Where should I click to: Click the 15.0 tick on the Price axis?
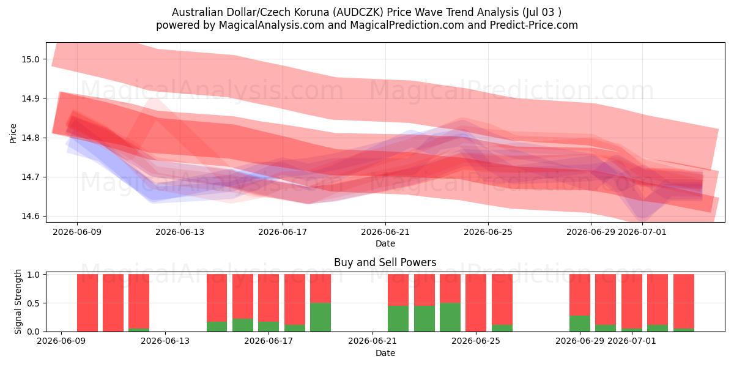point(30,59)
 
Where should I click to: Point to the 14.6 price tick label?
point(30,217)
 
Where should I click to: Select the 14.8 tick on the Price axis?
point(30,138)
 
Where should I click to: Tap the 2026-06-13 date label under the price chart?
point(180,232)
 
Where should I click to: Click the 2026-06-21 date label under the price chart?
point(385,232)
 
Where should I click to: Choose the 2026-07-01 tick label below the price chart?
point(642,232)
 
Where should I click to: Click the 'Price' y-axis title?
point(13,133)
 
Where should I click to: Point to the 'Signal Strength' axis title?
point(18,302)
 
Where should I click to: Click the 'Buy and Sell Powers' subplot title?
point(385,262)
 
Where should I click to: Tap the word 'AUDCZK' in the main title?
point(358,12)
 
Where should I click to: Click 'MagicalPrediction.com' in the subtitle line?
point(407,25)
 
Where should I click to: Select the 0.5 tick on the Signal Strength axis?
point(34,303)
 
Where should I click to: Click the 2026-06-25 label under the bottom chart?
point(476,341)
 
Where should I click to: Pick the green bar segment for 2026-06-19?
point(321,317)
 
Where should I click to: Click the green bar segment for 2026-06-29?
point(580,324)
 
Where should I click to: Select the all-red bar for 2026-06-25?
point(476,303)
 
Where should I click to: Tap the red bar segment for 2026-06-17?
point(269,298)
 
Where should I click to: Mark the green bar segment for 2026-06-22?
point(398,319)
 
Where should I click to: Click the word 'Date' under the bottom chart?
point(385,354)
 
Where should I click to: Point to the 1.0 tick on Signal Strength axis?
point(34,275)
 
